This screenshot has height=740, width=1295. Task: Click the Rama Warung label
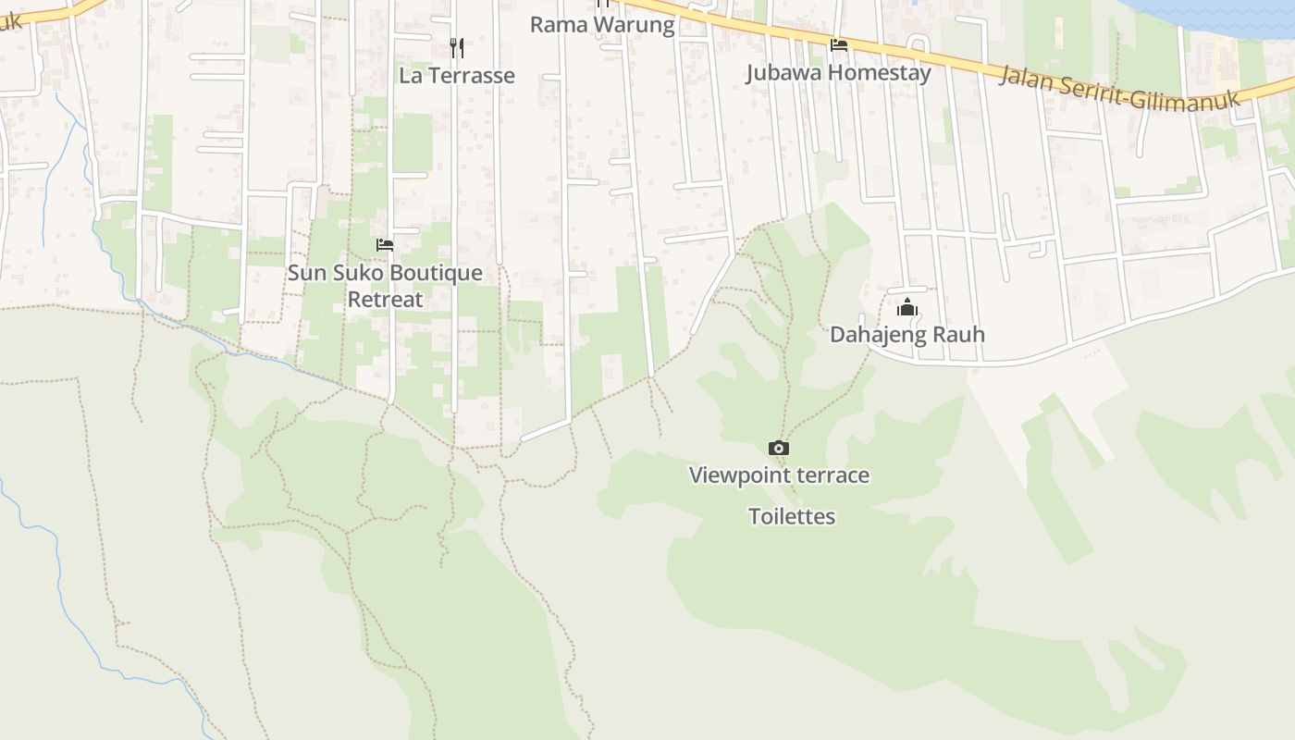(x=601, y=25)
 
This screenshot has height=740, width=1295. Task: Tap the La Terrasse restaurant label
(x=457, y=76)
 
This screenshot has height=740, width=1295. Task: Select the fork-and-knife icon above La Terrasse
(x=457, y=47)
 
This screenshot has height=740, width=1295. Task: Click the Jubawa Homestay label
(x=838, y=73)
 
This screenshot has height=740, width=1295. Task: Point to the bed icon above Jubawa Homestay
(x=839, y=44)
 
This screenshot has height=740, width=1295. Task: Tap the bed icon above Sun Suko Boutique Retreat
(x=385, y=245)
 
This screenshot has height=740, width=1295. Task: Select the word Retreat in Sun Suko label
(x=385, y=300)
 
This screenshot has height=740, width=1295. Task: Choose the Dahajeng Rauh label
(x=906, y=335)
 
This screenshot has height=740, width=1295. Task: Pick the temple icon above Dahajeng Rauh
(x=907, y=307)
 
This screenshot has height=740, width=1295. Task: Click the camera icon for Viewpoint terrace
(x=779, y=449)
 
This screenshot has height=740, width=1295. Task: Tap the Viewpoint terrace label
(x=779, y=475)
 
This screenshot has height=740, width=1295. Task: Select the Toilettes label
(x=792, y=517)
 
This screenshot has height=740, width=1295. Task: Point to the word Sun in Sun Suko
(x=306, y=273)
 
